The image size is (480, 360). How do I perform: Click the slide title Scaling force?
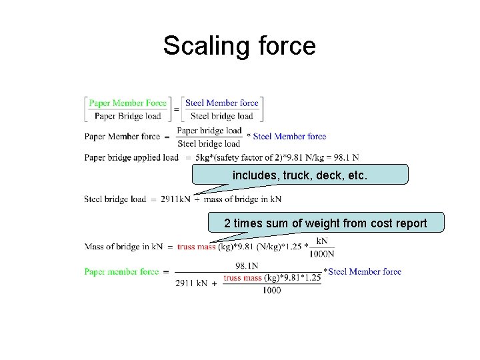pyautogui.click(x=239, y=46)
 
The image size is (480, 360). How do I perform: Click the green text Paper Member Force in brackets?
pyautogui.click(x=128, y=103)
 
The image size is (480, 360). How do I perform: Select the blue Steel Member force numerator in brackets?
pyautogui.click(x=221, y=103)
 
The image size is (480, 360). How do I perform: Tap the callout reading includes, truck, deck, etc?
pyautogui.click(x=299, y=175)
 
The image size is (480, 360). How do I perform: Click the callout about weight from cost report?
pyautogui.click(x=325, y=223)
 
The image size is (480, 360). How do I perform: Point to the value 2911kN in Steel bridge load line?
pyautogui.click(x=175, y=199)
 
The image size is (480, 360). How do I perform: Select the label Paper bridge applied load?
pyautogui.click(x=131, y=157)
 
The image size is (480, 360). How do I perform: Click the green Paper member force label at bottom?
pyautogui.click(x=121, y=271)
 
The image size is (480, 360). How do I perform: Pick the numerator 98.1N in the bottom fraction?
pyautogui.click(x=247, y=265)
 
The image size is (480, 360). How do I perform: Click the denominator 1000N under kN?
pyautogui.click(x=322, y=253)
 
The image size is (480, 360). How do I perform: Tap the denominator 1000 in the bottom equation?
pyautogui.click(x=271, y=290)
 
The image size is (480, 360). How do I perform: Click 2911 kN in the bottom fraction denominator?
pyautogui.click(x=191, y=283)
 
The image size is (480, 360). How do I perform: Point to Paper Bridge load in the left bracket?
pyautogui.click(x=128, y=116)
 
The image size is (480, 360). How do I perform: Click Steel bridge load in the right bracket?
pyautogui.click(x=221, y=116)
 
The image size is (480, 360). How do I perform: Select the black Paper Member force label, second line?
pyautogui.click(x=122, y=137)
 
